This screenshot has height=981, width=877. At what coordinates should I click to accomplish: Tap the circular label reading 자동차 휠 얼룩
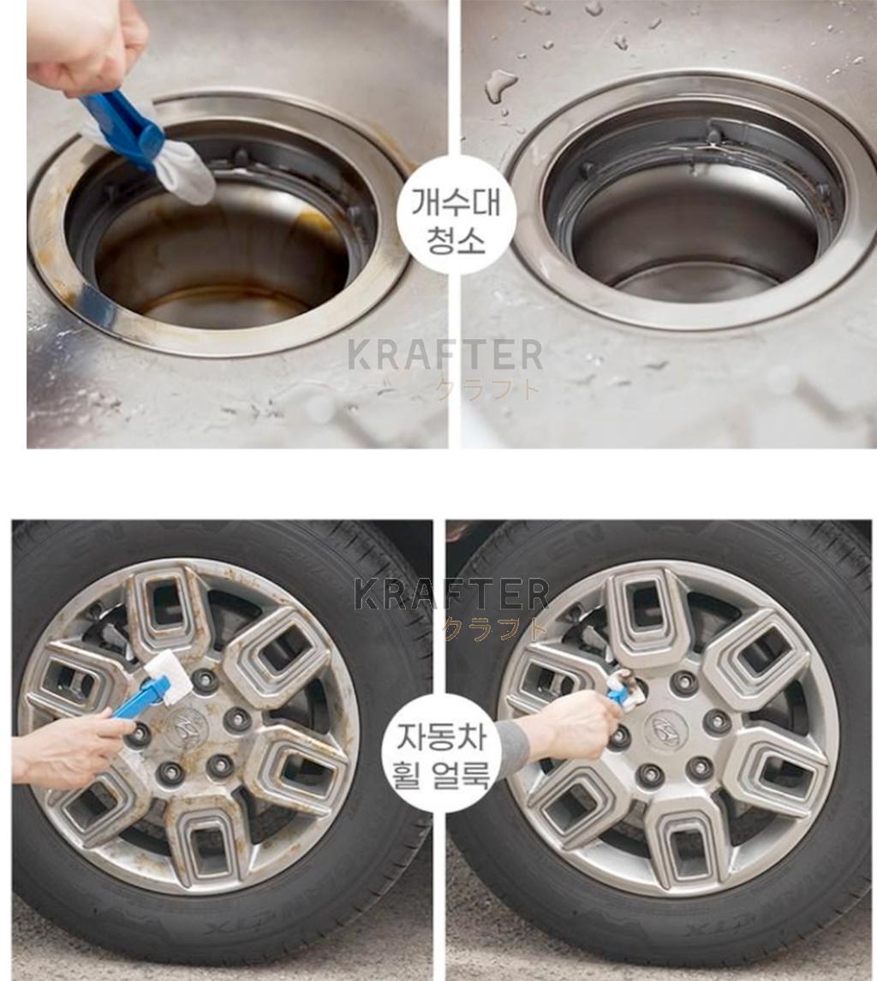point(441,752)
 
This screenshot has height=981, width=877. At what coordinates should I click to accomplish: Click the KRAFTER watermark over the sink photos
point(445,355)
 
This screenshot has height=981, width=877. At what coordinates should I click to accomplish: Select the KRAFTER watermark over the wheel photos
point(451,594)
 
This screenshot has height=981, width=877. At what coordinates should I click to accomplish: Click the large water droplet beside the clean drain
point(500,84)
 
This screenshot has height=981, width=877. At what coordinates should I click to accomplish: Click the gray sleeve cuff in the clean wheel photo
point(511,748)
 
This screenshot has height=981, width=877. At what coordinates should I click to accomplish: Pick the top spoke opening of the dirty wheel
point(168,603)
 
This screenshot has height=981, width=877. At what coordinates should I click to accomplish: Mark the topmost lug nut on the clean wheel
point(684,681)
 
